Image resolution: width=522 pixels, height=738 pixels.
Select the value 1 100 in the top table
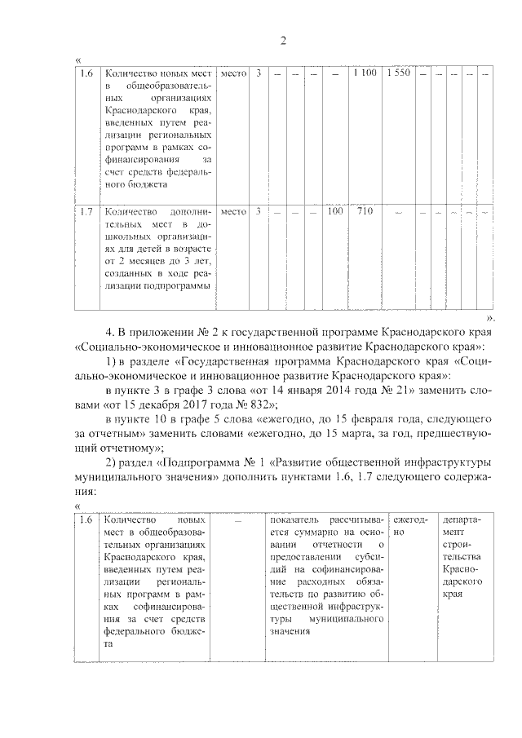(x=365, y=74)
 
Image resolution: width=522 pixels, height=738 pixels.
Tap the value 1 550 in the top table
(x=398, y=74)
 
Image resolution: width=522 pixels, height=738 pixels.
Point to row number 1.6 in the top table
(x=86, y=74)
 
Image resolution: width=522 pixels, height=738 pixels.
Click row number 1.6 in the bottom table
(x=86, y=519)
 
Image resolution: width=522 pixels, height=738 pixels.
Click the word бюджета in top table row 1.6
(x=127, y=184)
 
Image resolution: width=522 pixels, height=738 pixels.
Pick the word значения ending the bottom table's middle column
(x=287, y=632)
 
